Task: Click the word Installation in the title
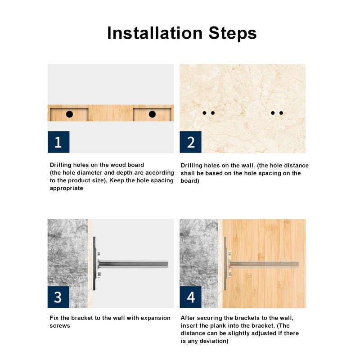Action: pyautogui.click(x=155, y=33)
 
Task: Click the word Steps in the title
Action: pyautogui.click(x=232, y=33)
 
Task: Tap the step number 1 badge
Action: pyautogui.click(x=58, y=142)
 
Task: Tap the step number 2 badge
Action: pyautogui.click(x=190, y=142)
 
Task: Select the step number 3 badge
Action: pyautogui.click(x=58, y=297)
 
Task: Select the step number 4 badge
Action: pyautogui.click(x=190, y=297)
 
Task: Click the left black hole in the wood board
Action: pyautogui.click(x=69, y=114)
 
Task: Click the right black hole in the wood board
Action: pyautogui.click(x=152, y=114)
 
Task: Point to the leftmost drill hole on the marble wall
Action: pyautogui.click(x=204, y=113)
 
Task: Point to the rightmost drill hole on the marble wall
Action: pyautogui.click(x=281, y=113)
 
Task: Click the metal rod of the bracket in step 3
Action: pyautogui.click(x=133, y=264)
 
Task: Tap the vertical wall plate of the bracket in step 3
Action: pyautogui.click(x=94, y=263)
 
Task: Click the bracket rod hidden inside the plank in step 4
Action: pyautogui.click(x=264, y=264)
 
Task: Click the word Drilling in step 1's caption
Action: pyautogui.click(x=60, y=165)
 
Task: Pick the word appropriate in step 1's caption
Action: pyautogui.click(x=67, y=189)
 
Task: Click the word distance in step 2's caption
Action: pyautogui.click(x=297, y=166)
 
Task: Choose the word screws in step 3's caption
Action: pyautogui.click(x=60, y=326)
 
